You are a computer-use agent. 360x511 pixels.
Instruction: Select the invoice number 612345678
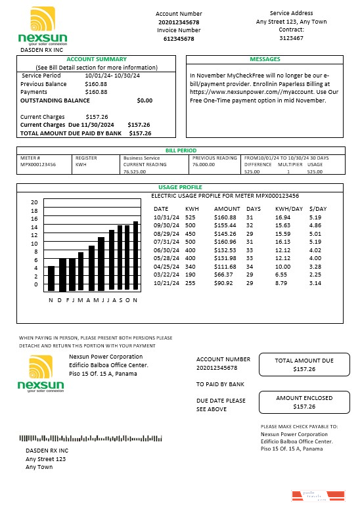(x=179, y=39)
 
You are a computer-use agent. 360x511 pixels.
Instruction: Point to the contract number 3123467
(x=291, y=38)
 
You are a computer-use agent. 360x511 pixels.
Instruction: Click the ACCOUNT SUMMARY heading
(x=96, y=59)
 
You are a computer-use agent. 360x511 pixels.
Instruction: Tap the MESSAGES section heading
(x=265, y=59)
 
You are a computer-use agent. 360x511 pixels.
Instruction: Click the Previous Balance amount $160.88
(x=96, y=84)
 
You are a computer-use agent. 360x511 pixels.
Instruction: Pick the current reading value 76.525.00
(x=135, y=171)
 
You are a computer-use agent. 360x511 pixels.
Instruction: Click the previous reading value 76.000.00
(x=204, y=165)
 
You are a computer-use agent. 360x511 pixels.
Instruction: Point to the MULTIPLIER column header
(x=288, y=165)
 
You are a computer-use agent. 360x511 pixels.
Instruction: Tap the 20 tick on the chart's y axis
(x=35, y=202)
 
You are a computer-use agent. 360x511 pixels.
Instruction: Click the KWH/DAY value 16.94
(x=283, y=216)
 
